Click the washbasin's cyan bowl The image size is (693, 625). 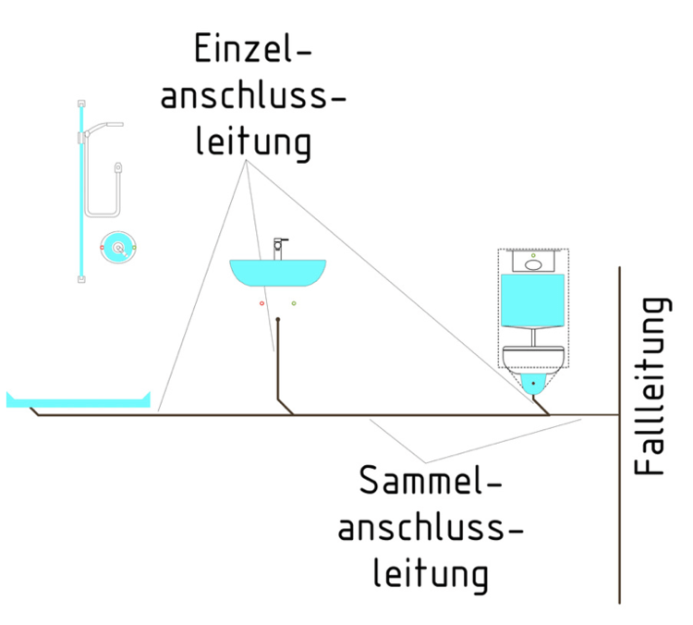pyautogui.click(x=277, y=273)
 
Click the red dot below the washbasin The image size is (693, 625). pyautogui.click(x=261, y=303)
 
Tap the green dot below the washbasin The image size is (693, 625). pyautogui.click(x=294, y=303)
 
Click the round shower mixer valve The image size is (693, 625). pyautogui.click(x=117, y=248)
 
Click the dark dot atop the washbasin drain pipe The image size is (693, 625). pyautogui.click(x=277, y=321)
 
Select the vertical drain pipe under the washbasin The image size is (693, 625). pyautogui.click(x=277, y=361)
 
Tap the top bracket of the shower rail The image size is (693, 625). pyautogui.click(x=82, y=103)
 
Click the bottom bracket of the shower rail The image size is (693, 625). pyautogui.click(x=82, y=276)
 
